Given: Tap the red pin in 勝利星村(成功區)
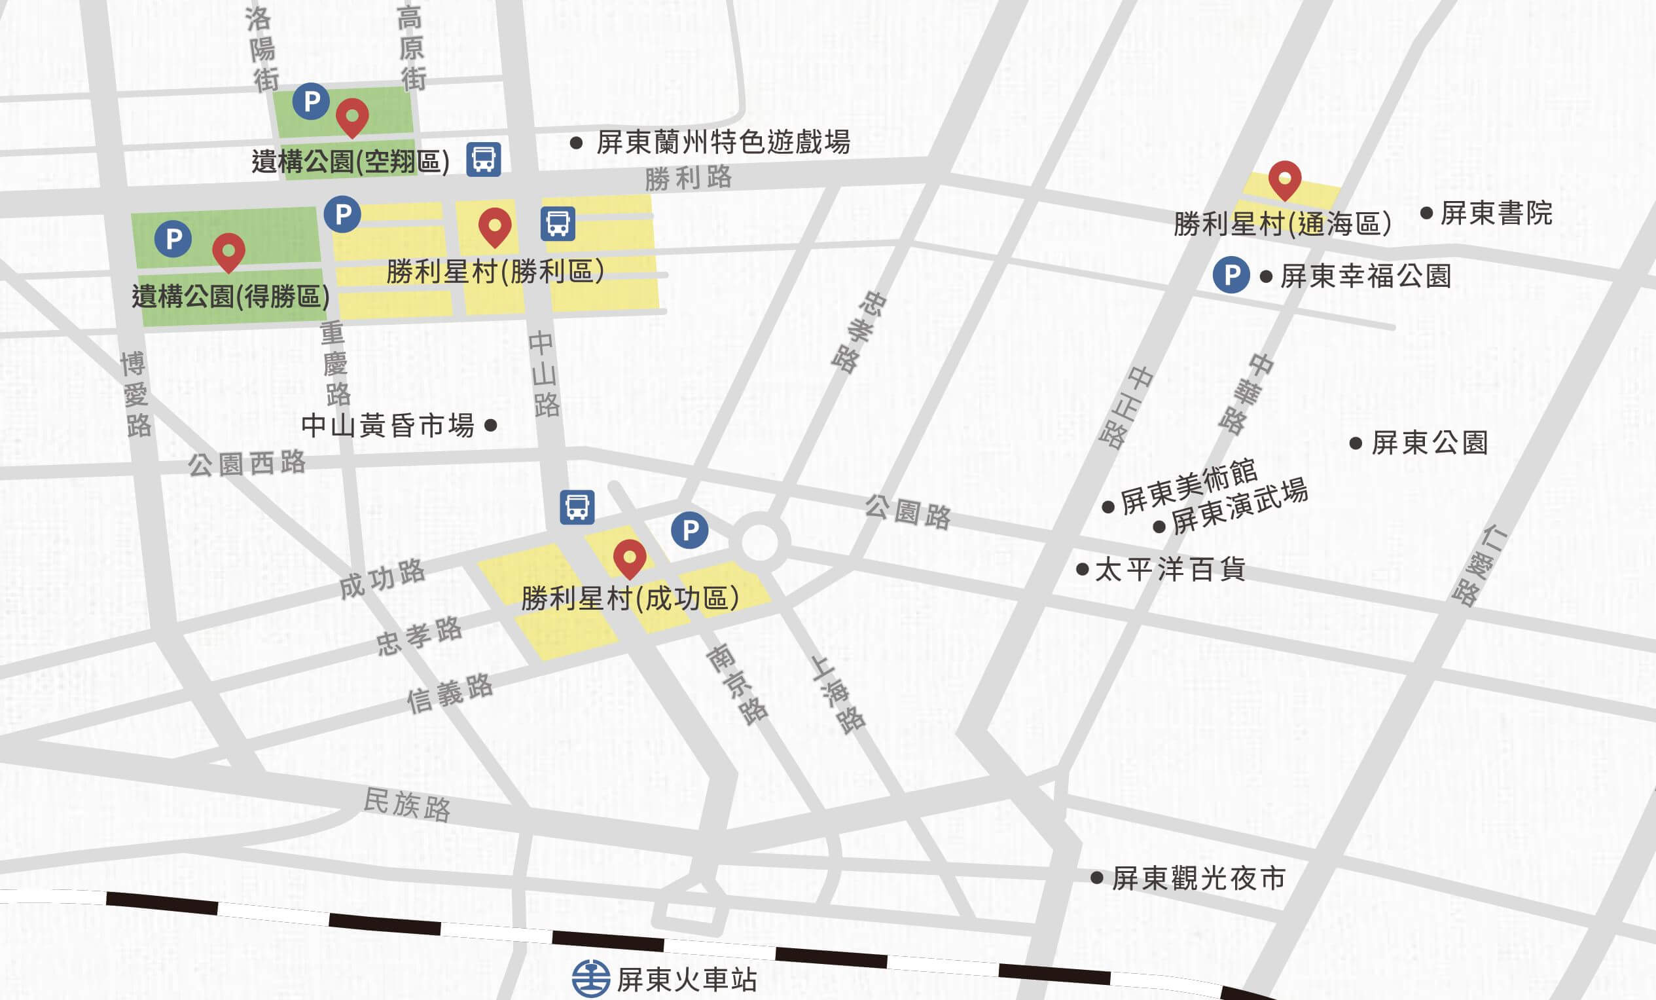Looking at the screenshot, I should (630, 557).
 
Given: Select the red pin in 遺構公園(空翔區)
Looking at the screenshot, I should (352, 117).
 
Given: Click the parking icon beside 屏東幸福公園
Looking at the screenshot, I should (1231, 275).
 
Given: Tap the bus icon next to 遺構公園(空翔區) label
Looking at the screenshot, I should (484, 159).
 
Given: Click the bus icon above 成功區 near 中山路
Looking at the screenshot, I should (577, 507).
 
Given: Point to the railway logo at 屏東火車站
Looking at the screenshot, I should (591, 978).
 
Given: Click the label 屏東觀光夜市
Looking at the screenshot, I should (1198, 878).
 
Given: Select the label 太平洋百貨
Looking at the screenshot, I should (1170, 570).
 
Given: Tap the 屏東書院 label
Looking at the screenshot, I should (1496, 213).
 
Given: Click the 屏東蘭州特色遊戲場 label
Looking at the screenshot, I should (723, 142).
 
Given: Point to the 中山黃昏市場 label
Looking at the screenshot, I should (387, 425).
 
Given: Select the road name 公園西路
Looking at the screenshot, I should (247, 464).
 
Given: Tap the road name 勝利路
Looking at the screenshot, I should (687, 178).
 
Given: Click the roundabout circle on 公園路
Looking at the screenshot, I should (759, 541).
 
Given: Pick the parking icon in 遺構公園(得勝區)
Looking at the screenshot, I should (173, 239).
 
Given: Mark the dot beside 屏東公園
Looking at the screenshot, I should (1356, 443).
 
